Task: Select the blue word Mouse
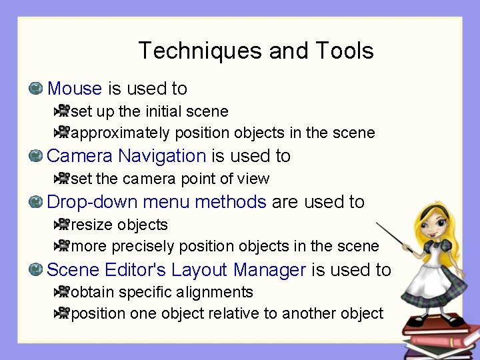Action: [x=75, y=89]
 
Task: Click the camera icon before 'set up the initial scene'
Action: [x=62, y=111]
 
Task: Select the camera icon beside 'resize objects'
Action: [x=62, y=225]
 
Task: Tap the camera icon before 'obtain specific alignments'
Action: [x=62, y=291]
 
